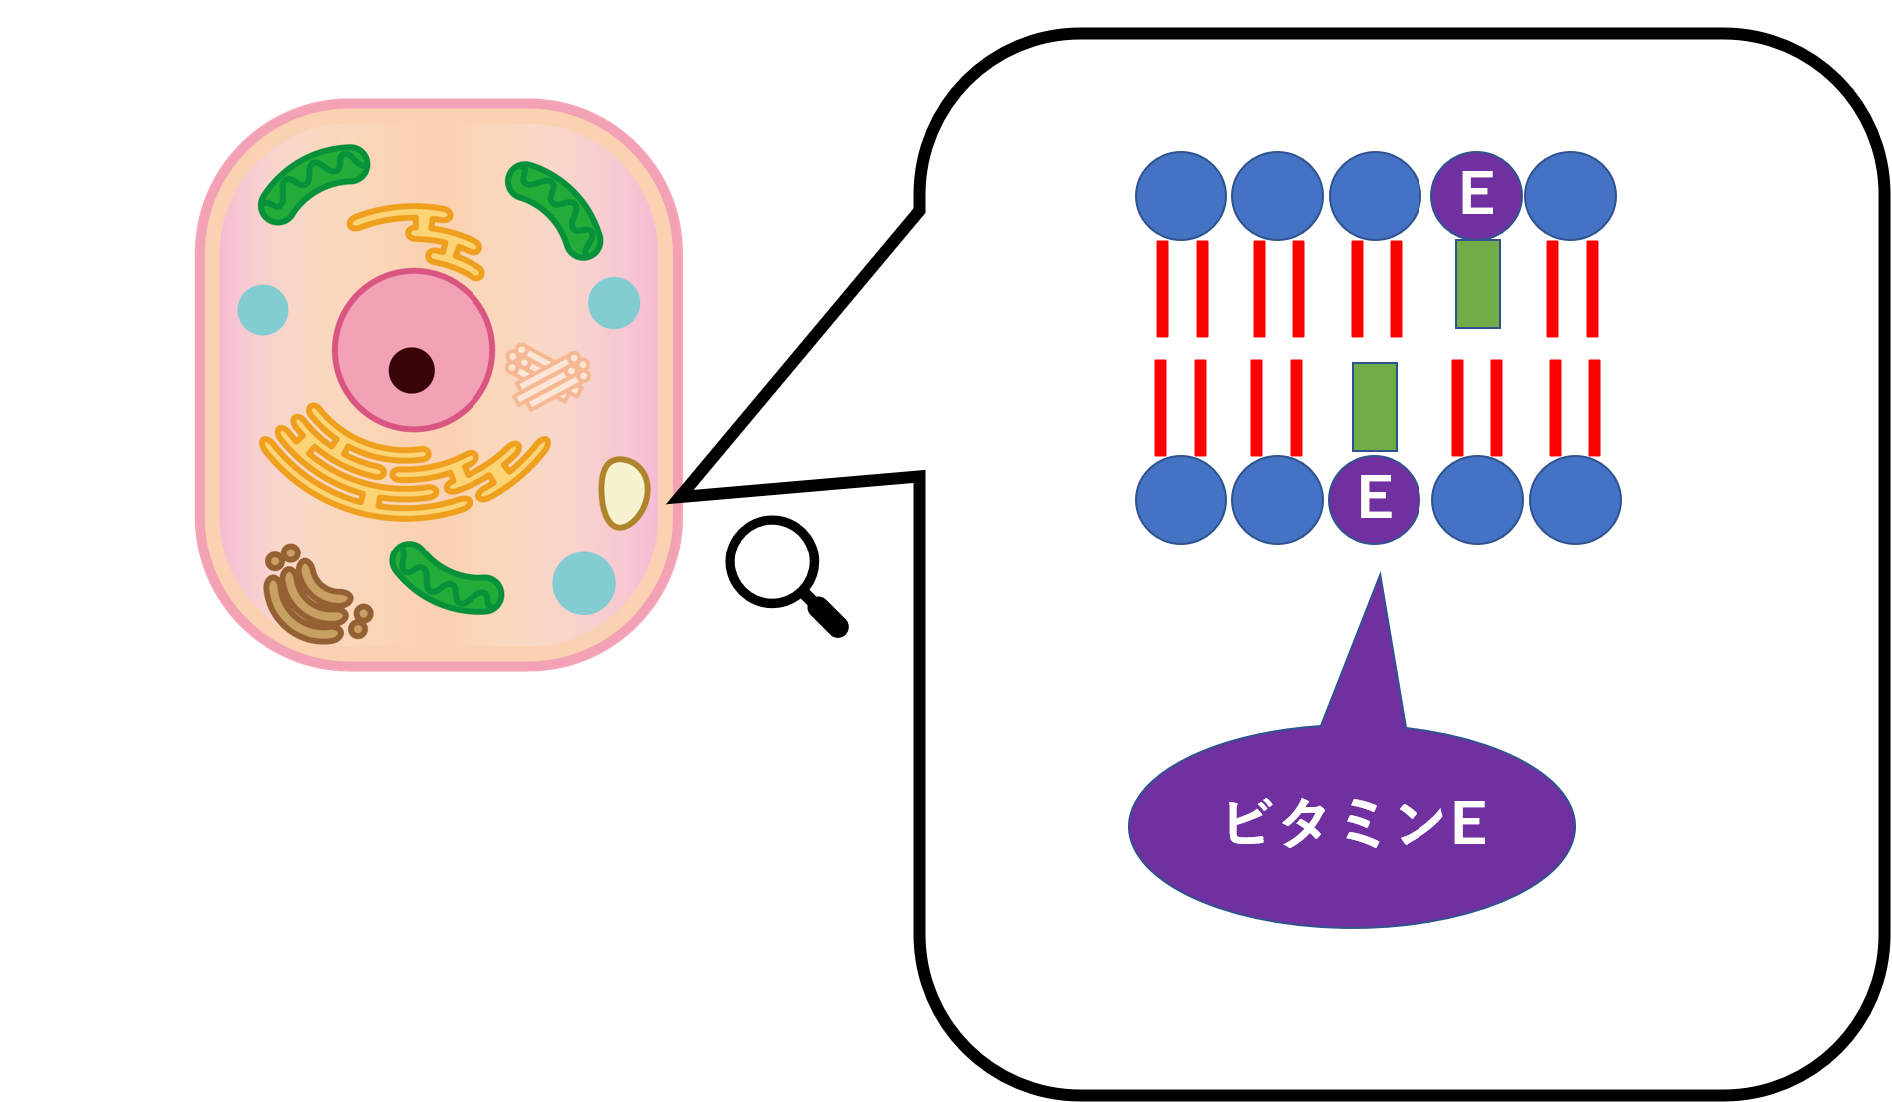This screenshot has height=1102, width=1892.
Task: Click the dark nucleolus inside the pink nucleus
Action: click(x=412, y=370)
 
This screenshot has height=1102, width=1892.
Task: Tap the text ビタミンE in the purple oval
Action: click(x=1355, y=824)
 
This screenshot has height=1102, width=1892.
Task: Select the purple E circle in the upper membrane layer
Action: click(x=1476, y=195)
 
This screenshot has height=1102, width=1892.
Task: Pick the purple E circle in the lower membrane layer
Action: click(x=1375, y=499)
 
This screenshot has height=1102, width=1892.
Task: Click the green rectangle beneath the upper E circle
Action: click(x=1477, y=284)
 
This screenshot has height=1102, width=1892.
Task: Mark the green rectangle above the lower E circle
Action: click(x=1375, y=407)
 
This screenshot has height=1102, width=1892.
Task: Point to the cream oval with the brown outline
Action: click(x=623, y=493)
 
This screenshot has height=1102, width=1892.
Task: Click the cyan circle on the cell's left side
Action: click(x=263, y=310)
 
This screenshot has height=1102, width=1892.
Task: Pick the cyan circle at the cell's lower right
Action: click(x=584, y=583)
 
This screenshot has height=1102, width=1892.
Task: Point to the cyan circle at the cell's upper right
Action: click(x=614, y=303)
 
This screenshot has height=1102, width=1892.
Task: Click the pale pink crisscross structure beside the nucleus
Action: click(x=547, y=376)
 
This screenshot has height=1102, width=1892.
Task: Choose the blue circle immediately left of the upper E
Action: click(x=1375, y=195)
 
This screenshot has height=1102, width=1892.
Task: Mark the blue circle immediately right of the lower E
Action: click(x=1477, y=499)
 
